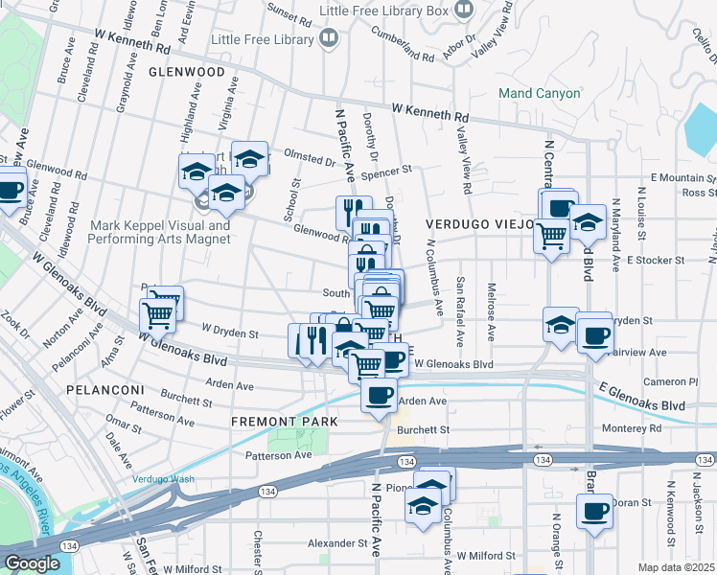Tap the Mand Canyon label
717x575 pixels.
[539, 94]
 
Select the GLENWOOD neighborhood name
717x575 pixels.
[187, 72]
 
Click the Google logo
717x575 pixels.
[32, 563]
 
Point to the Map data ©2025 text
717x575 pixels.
[677, 567]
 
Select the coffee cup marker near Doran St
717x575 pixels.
[594, 509]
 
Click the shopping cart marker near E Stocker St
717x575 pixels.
[550, 233]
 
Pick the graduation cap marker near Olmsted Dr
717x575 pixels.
[249, 156]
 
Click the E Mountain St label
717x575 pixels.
[682, 178]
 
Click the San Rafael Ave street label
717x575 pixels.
[461, 311]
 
